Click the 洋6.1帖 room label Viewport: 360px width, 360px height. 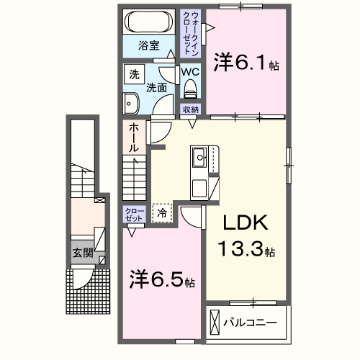[244, 64]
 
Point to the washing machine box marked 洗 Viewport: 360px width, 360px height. [134, 74]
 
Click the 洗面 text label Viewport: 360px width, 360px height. [157, 88]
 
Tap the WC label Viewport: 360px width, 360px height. [190, 72]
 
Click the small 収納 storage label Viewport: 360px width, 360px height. [190, 109]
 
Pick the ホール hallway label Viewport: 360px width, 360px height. [134, 137]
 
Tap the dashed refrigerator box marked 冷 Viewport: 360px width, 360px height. [163, 213]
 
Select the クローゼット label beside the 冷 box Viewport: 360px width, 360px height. [134, 214]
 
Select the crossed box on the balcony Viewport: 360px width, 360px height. [215, 321]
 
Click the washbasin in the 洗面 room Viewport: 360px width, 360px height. [130, 104]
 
